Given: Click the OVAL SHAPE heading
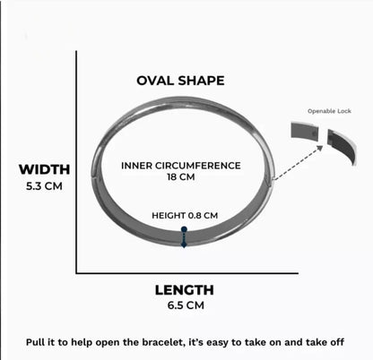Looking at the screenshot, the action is (x=180, y=81).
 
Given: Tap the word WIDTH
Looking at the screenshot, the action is (x=44, y=169).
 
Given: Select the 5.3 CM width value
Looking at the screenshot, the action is (x=44, y=186).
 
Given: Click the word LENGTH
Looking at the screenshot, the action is (x=185, y=290).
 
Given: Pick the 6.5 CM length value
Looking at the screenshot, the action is (x=186, y=305).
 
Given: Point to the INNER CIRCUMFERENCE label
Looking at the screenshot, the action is (x=181, y=166).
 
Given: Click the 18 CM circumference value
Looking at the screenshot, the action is (x=181, y=176).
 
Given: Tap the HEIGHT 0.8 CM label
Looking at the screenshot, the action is (x=185, y=216).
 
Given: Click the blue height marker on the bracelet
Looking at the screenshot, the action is (x=184, y=237).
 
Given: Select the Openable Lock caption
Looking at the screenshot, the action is (x=329, y=111).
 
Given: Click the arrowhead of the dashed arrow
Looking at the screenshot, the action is (x=320, y=148).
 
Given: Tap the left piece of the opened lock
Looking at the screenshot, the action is (x=305, y=131).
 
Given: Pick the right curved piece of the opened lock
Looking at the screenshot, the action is (x=342, y=146).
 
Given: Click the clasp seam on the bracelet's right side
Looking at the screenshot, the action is (x=269, y=183).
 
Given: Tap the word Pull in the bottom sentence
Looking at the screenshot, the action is (x=33, y=342).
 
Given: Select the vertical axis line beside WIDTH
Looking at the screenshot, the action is (x=76, y=162).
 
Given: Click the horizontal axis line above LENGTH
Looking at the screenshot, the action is (x=187, y=273).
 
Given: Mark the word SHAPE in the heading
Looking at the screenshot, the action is (x=201, y=81).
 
